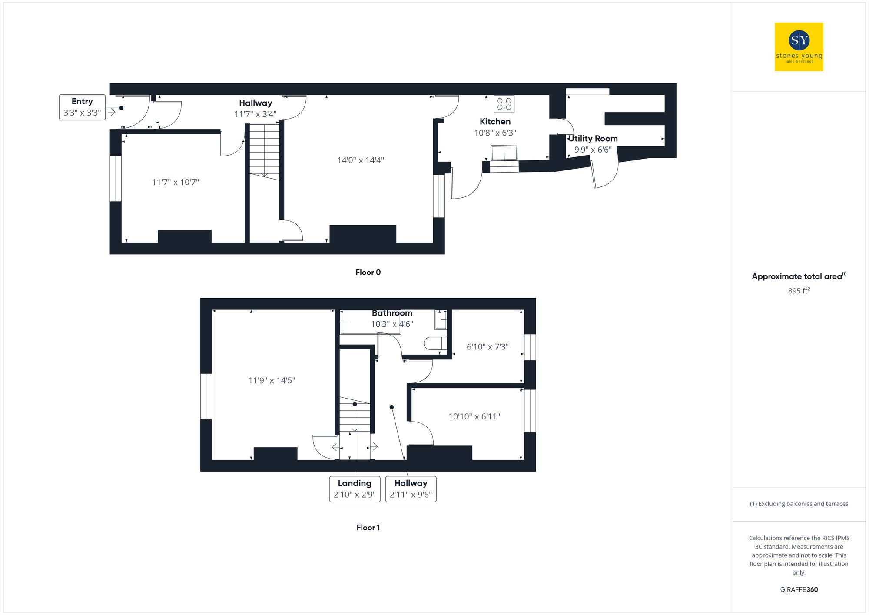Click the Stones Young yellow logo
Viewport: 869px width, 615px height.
coord(799,47)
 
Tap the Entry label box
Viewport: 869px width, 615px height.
coord(82,107)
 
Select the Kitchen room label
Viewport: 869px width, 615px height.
coord(495,122)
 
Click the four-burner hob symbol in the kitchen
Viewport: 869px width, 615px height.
coord(504,104)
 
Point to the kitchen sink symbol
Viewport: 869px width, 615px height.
coord(504,153)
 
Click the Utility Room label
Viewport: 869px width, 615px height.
coord(593,139)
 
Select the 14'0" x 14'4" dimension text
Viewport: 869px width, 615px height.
coord(361,160)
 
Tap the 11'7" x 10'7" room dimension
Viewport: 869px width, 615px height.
coord(175,182)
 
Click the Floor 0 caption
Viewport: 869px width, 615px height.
coord(368,273)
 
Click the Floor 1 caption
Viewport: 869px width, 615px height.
coord(368,528)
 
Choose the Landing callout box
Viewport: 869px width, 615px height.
coord(355,489)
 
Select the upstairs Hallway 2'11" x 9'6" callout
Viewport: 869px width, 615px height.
coord(411,489)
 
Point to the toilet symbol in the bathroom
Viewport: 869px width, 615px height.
coord(435,343)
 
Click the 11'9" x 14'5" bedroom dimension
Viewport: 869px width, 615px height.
coord(272,381)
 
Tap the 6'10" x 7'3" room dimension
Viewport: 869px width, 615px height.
coord(488,347)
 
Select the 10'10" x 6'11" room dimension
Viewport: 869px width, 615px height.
coord(474,416)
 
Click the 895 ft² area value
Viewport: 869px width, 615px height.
coord(799,291)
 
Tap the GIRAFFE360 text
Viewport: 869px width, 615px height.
coord(799,590)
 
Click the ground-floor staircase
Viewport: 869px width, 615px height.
coord(264,150)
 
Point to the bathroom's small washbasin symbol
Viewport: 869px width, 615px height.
coord(441,320)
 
